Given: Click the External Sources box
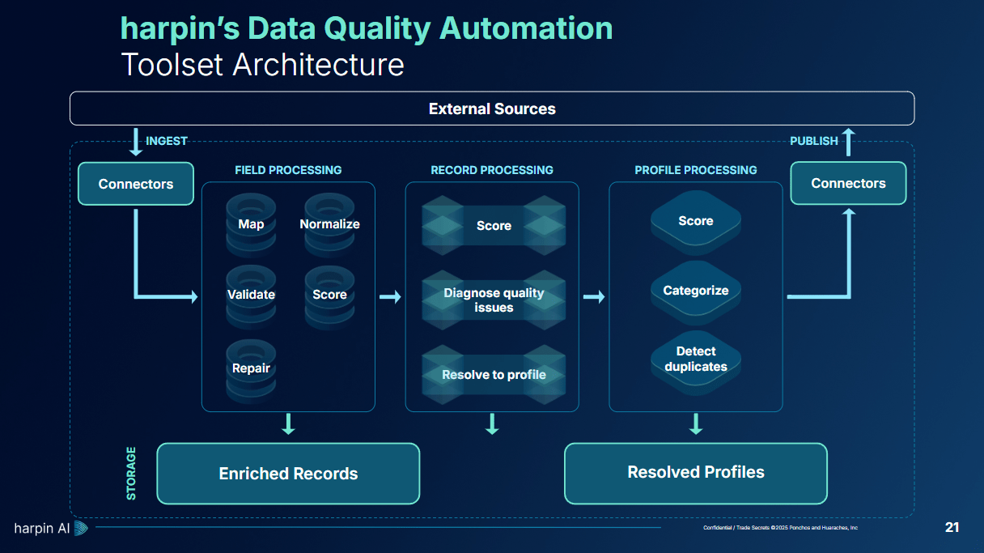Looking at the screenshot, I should click(x=492, y=108).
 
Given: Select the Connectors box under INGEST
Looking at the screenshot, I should click(x=136, y=184).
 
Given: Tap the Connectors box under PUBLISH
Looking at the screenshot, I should click(x=848, y=183).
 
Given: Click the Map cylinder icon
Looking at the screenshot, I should click(x=251, y=219).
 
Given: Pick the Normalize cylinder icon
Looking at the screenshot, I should click(x=329, y=219).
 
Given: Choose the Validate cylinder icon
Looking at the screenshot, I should click(x=251, y=294).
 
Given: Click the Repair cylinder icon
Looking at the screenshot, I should click(x=251, y=369).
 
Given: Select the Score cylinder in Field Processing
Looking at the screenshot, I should click(x=329, y=294).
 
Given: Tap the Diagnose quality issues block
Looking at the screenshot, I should click(x=494, y=300).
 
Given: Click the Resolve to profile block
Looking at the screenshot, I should click(x=494, y=375).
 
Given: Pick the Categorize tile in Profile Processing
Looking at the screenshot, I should click(x=696, y=291).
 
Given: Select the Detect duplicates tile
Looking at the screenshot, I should click(x=696, y=359).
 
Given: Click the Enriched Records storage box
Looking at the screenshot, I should click(x=288, y=474).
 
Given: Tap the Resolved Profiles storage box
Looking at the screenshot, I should click(x=696, y=473).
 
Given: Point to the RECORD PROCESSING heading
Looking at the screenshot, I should click(x=492, y=170).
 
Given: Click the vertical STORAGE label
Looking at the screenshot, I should click(x=131, y=473).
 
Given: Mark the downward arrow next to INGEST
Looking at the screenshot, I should click(x=135, y=141).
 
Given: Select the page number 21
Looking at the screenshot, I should click(x=952, y=528).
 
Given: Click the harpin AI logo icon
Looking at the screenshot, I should click(x=81, y=529).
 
